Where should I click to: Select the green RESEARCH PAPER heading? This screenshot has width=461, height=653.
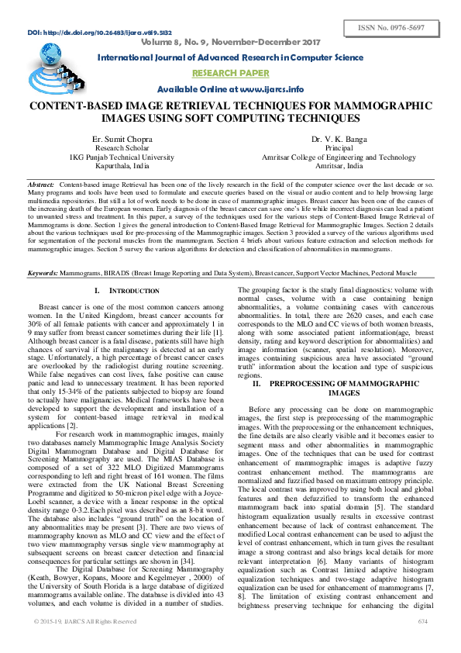231,73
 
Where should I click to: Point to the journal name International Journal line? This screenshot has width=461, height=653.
230,58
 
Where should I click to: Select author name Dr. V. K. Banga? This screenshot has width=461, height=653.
339,138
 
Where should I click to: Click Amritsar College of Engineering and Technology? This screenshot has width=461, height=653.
339,157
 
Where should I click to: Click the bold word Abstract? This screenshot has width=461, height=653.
40,184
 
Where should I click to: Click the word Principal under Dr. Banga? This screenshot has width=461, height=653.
339,147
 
